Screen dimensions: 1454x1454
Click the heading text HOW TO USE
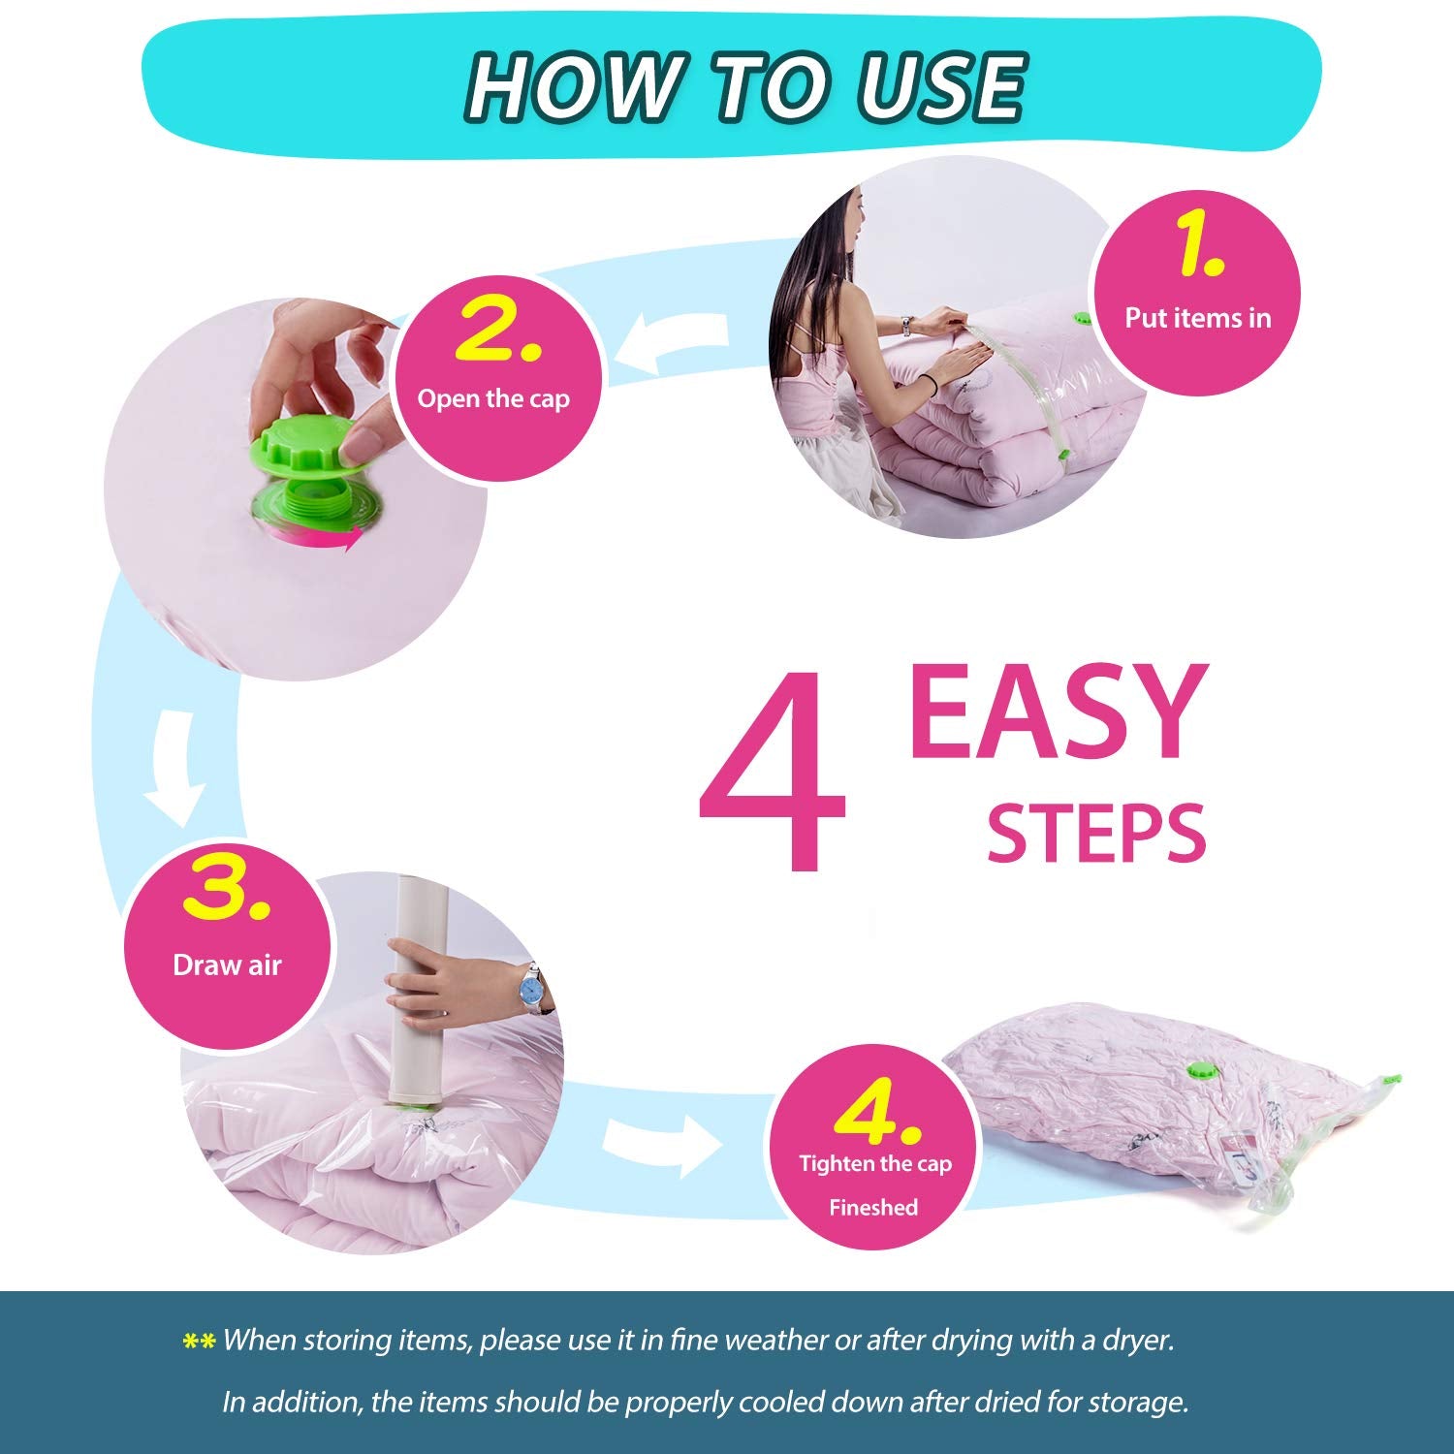[x=745, y=86]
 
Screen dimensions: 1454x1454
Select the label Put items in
[x=1197, y=318]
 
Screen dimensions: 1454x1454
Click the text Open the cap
[x=493, y=399]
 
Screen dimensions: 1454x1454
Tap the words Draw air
[x=227, y=964]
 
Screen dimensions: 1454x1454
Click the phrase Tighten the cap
[x=875, y=1164]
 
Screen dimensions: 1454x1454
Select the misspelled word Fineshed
[x=873, y=1208]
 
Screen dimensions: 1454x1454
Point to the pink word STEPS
[x=1096, y=832]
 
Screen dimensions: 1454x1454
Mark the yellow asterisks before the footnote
[x=199, y=1343]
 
